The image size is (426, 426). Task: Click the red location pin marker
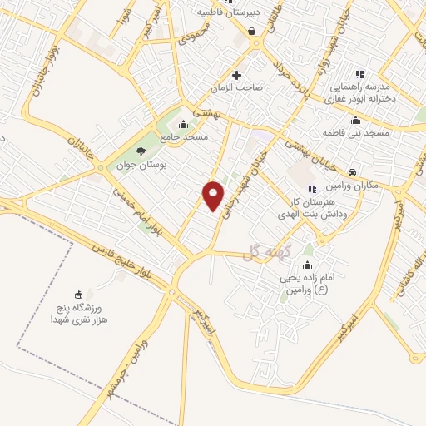click(x=214, y=196)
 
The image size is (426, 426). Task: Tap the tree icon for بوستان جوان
click(x=139, y=151)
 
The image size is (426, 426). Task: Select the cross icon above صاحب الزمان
click(x=236, y=74)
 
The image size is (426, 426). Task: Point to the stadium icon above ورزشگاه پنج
click(x=79, y=294)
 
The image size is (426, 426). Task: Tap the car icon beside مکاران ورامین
click(x=353, y=171)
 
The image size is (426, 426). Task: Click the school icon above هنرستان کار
click(x=312, y=189)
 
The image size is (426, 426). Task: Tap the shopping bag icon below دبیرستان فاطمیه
click(x=251, y=32)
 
